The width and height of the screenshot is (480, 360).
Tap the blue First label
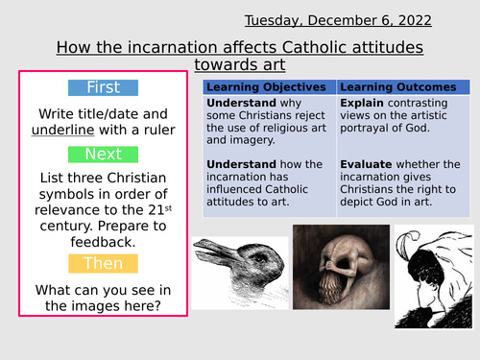tap(103, 87)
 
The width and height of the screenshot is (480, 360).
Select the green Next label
tap(103, 153)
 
